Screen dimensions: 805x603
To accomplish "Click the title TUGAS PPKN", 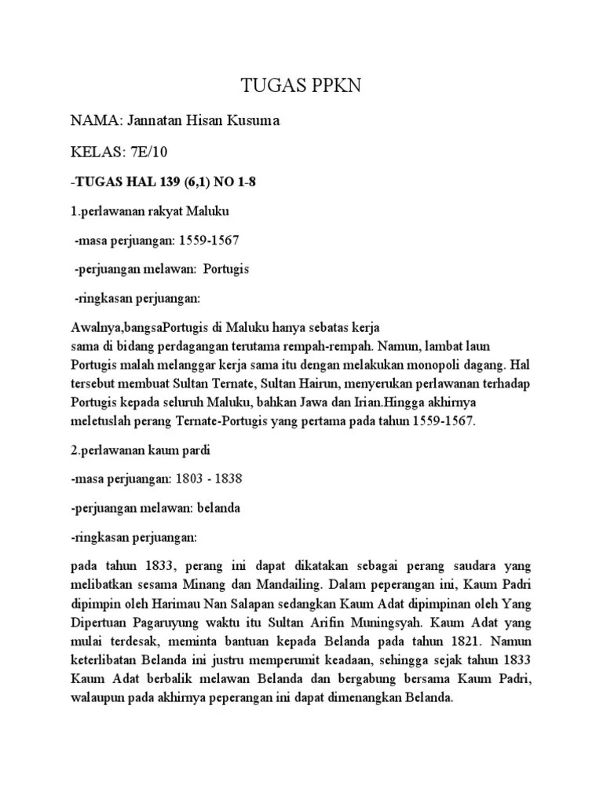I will (301, 86).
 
